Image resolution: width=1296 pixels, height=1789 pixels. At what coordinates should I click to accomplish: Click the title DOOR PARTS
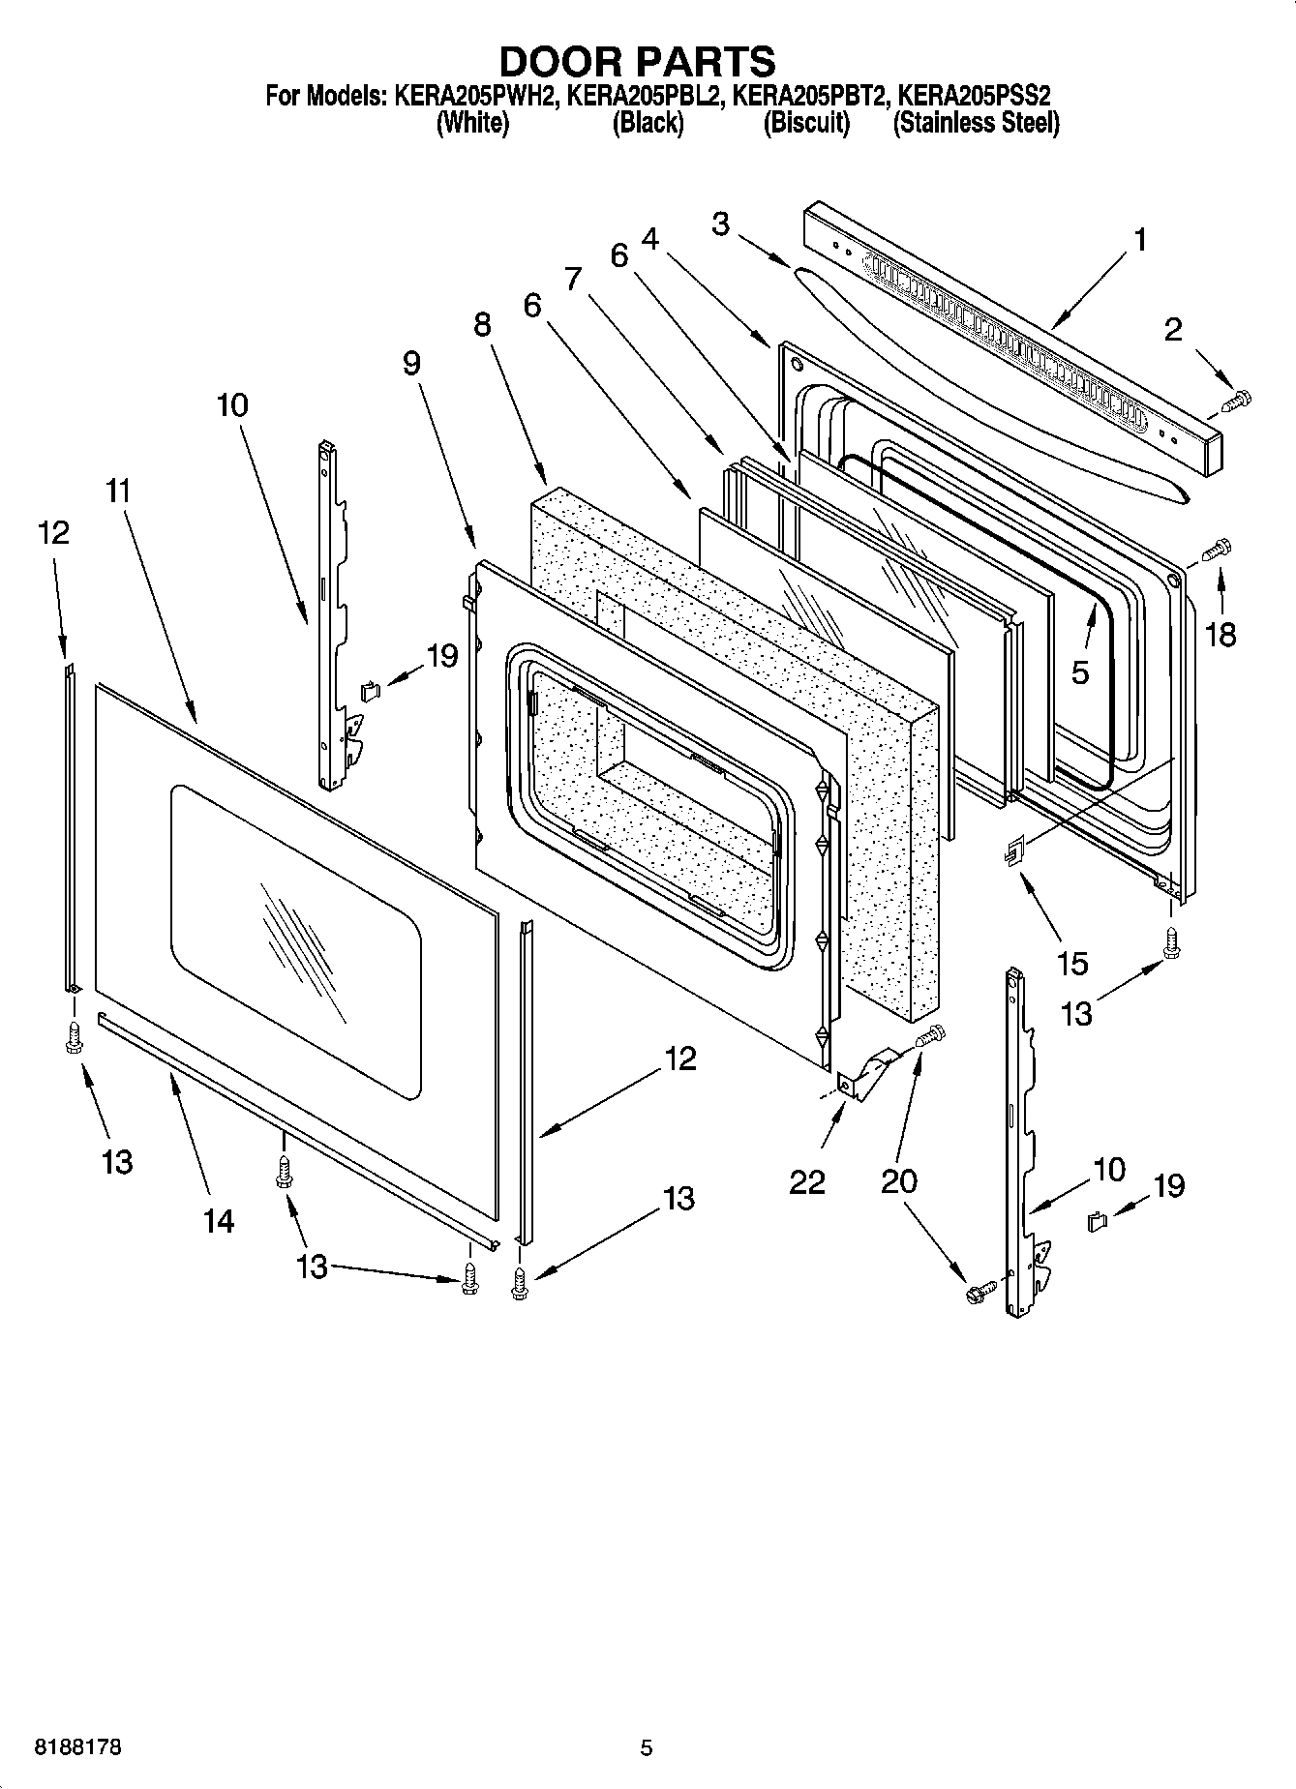[637, 61]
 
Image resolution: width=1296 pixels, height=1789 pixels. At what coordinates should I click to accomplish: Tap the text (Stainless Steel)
[975, 123]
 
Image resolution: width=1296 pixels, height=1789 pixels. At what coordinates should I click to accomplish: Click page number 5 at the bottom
[647, 1747]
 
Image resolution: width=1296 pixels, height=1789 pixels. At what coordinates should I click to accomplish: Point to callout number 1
[1140, 239]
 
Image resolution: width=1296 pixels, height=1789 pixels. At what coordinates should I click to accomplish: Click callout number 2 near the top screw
[1173, 329]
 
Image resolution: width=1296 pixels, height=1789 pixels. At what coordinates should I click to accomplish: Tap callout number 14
[219, 1221]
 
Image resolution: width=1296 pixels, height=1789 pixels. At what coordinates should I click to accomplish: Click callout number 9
[411, 364]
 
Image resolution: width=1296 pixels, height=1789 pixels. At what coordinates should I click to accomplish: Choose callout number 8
[482, 324]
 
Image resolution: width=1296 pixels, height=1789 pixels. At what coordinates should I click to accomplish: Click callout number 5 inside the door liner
[1080, 671]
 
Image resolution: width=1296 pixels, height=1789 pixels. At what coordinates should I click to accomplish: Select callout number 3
[720, 224]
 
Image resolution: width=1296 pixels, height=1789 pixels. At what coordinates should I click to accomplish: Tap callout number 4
[649, 238]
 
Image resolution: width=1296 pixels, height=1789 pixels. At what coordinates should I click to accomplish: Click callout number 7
[573, 278]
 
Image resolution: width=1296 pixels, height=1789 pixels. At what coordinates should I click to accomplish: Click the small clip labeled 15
[1013, 851]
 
